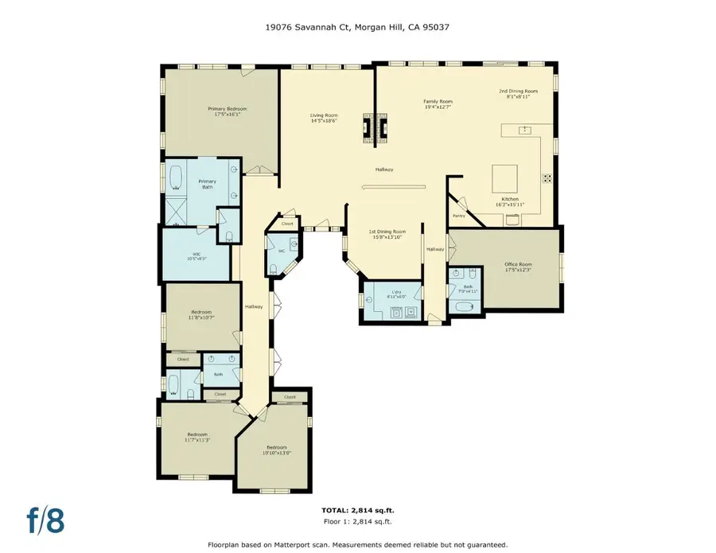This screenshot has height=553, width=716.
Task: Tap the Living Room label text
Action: (324, 118)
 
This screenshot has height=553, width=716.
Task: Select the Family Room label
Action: (438, 103)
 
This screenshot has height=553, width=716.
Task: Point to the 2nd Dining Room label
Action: (518, 93)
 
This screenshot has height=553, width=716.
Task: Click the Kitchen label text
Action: (510, 201)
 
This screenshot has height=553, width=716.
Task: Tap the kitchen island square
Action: (504, 175)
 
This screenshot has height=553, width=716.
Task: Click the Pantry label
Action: (459, 216)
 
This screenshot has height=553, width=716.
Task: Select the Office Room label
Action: (518, 266)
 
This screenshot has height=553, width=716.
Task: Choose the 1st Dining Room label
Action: (387, 233)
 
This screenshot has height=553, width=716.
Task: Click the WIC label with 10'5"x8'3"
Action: (195, 256)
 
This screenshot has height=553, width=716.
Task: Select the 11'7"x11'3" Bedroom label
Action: (197, 437)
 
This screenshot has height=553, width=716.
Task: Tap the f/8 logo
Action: (45, 520)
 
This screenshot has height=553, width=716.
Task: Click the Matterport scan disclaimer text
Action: (357, 545)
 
